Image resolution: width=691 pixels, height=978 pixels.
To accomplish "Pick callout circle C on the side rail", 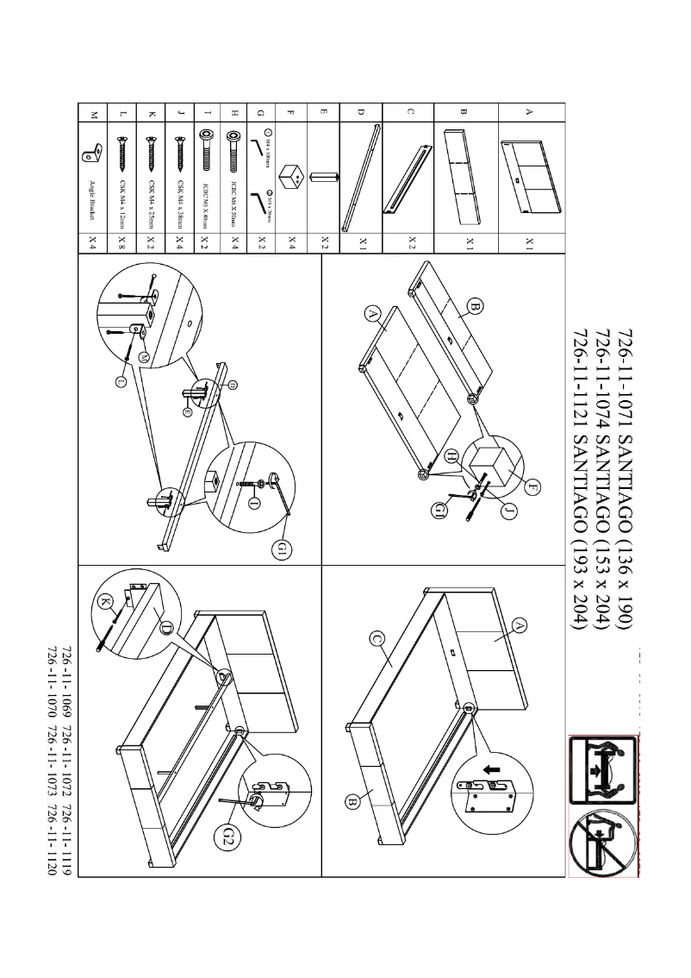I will pos(376,639).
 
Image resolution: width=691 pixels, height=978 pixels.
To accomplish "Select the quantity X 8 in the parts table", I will pos(121,241).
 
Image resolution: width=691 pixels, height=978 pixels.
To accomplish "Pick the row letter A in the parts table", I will pos(528,112).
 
